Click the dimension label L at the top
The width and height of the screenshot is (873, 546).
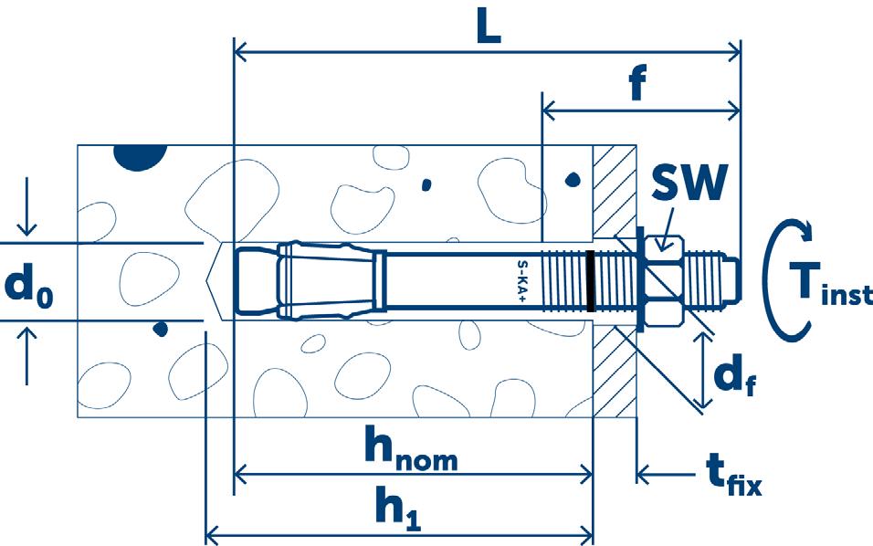pos(489,28)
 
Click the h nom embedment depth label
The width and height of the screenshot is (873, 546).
pos(410,447)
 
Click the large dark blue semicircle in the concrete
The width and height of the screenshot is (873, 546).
pos(140,156)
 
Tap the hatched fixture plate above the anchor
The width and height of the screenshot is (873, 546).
pos(614,187)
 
